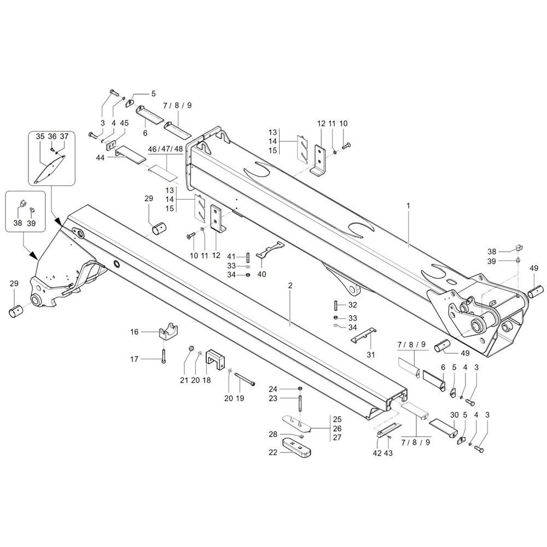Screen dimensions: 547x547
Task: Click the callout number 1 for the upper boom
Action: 408,206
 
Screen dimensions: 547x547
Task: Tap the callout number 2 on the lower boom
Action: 290,286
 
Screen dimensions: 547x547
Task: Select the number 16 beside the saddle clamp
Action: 135,332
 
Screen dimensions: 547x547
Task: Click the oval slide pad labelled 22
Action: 296,447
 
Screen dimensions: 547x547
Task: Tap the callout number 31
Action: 371,354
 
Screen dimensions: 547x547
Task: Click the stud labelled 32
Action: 335,305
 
